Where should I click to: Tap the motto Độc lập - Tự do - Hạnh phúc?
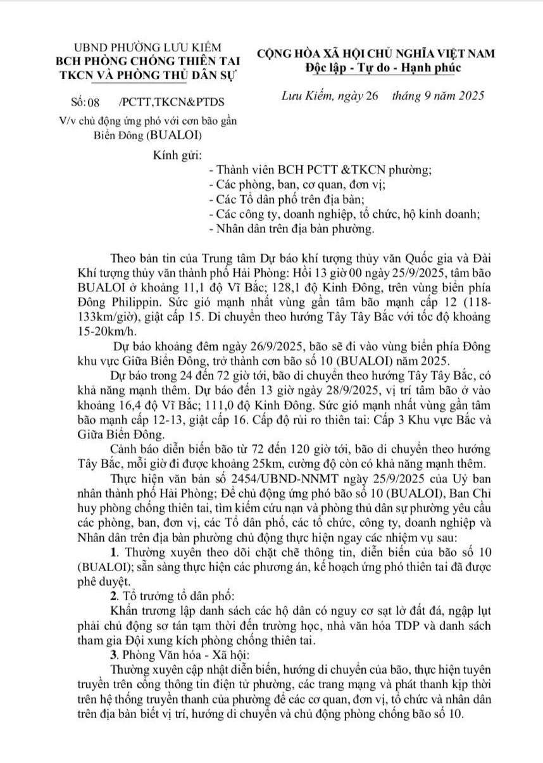point(383,68)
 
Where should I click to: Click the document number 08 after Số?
point(94,101)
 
